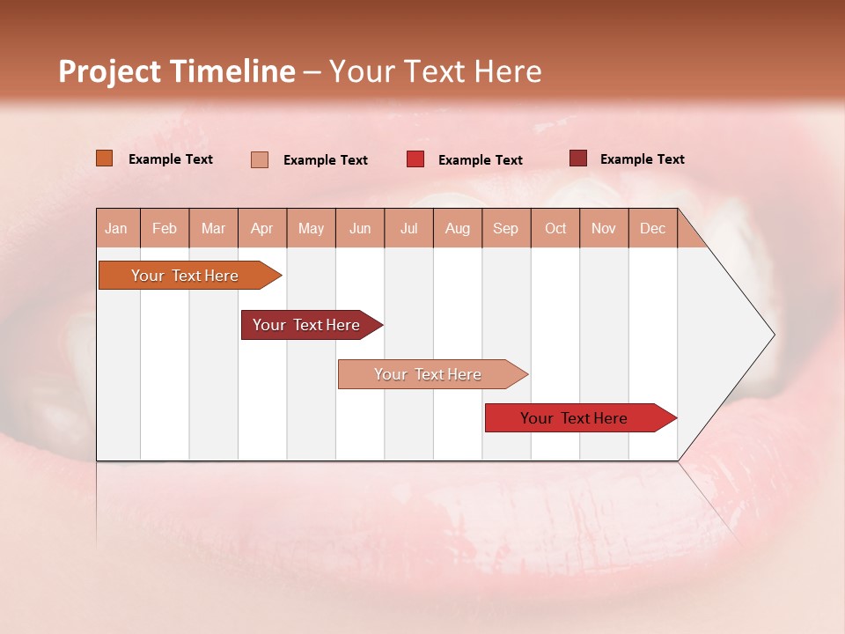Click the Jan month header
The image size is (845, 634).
pyautogui.click(x=117, y=228)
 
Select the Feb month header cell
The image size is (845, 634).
pyautogui.click(x=165, y=228)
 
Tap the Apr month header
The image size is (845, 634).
pyautogui.click(x=262, y=228)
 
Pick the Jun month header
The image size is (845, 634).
pyautogui.click(x=360, y=228)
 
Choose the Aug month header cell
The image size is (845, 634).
pyautogui.click(x=458, y=228)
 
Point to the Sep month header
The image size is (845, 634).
pyautogui.click(x=506, y=228)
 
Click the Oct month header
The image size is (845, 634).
pyautogui.click(x=555, y=228)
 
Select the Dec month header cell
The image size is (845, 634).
pyautogui.click(x=653, y=228)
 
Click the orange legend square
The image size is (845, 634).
pyautogui.click(x=105, y=158)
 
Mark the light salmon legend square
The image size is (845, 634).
pyautogui.click(x=260, y=159)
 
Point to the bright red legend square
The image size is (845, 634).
pyautogui.click(x=415, y=159)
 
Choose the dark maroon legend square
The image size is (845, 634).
pyautogui.click(x=578, y=158)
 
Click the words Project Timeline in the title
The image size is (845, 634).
pyautogui.click(x=177, y=71)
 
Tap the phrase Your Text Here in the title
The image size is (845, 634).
pyautogui.click(x=435, y=71)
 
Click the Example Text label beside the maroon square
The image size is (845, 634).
pyautogui.click(x=642, y=159)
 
